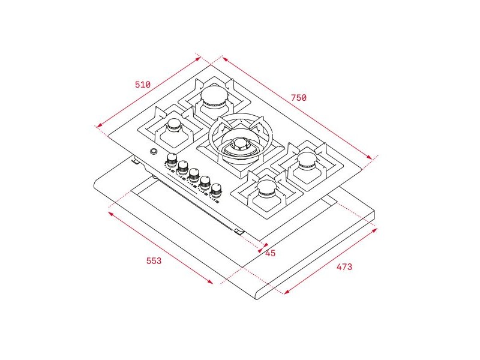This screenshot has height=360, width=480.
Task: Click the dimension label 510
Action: point(143,84)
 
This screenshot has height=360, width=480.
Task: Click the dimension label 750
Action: point(298,98)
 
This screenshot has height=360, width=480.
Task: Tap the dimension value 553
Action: point(154,261)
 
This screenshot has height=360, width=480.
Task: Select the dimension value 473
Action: point(344,267)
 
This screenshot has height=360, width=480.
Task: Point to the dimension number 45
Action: point(271,253)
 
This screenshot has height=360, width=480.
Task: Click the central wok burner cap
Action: point(241,144)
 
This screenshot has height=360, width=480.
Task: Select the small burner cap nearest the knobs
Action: point(175,125)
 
